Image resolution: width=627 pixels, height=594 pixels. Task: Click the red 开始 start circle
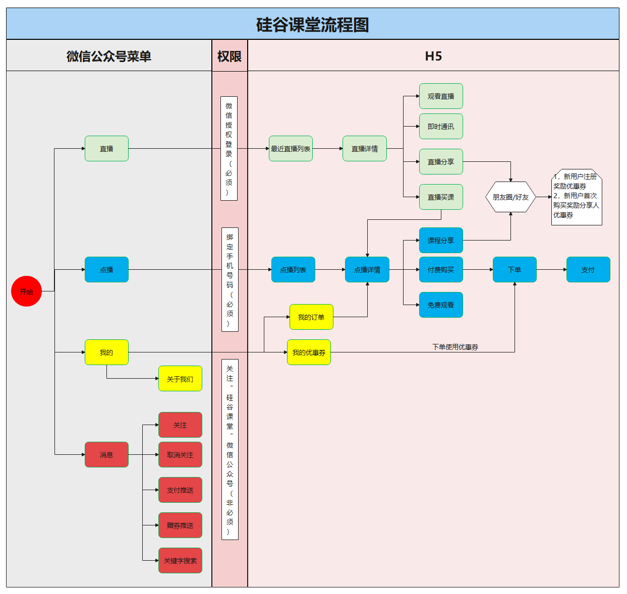click(x=26, y=291)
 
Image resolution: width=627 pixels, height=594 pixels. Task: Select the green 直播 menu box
click(x=106, y=149)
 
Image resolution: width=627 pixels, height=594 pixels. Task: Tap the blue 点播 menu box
click(x=106, y=270)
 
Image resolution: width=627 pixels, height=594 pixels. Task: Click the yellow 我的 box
click(x=106, y=352)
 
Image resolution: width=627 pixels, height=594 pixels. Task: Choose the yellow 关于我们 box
click(x=180, y=379)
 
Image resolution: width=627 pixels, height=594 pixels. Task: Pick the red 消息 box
click(x=106, y=455)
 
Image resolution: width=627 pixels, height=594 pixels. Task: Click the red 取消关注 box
click(x=180, y=455)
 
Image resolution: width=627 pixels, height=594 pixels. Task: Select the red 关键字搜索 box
click(x=180, y=561)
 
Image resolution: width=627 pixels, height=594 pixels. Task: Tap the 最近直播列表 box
click(x=291, y=149)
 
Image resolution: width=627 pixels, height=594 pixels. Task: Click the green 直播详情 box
click(x=364, y=149)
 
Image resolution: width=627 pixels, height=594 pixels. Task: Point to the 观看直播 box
click(x=441, y=96)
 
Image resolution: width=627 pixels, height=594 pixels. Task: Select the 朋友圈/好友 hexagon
click(x=510, y=197)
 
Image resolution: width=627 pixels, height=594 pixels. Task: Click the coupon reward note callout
click(x=576, y=197)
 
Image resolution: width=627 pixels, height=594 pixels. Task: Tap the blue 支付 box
click(x=588, y=270)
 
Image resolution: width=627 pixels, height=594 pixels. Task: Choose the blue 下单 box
click(x=515, y=270)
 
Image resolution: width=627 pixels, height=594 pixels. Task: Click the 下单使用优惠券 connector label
click(x=455, y=347)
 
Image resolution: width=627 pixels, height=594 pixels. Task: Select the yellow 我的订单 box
click(x=311, y=317)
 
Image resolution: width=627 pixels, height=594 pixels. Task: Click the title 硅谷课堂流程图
click(x=312, y=24)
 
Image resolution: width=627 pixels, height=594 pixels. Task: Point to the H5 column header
click(x=433, y=56)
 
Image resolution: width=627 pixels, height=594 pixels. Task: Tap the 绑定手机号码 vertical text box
click(x=230, y=280)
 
